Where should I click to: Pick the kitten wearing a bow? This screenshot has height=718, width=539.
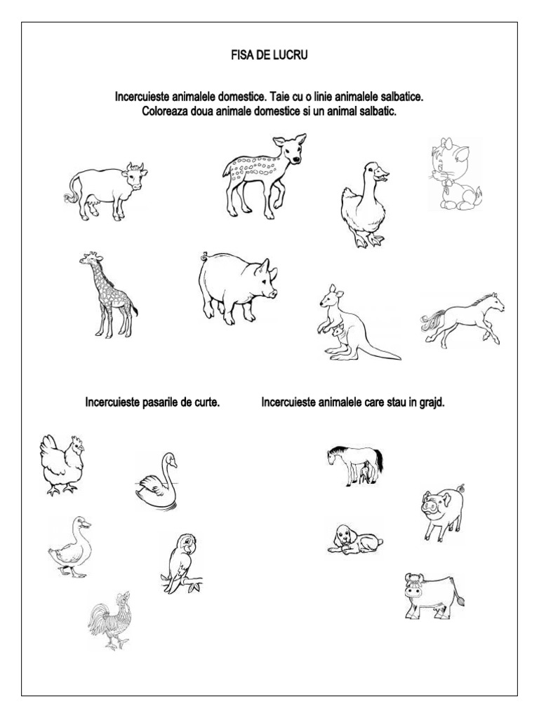pyautogui.click(x=453, y=175)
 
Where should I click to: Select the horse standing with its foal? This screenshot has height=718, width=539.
pyautogui.click(x=354, y=463)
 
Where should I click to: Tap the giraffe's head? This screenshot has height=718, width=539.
pyautogui.click(x=87, y=259)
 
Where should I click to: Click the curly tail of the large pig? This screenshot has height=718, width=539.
pyautogui.click(x=205, y=256)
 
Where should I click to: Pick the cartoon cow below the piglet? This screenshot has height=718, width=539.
pyautogui.click(x=432, y=596)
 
